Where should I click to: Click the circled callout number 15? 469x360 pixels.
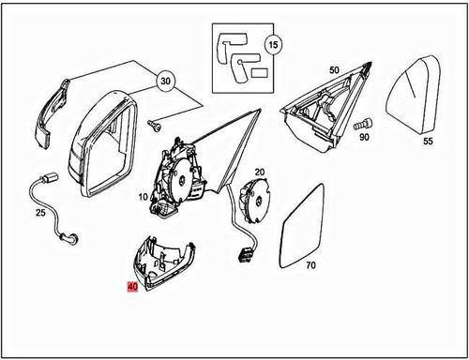(x=272, y=45)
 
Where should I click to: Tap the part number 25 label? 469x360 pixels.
(x=39, y=214)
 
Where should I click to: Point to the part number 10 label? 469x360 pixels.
(x=144, y=198)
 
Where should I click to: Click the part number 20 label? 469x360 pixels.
(x=260, y=172)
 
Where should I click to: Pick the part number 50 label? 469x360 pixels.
(x=333, y=70)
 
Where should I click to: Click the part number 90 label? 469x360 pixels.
(x=364, y=138)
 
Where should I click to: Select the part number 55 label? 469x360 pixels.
(x=427, y=142)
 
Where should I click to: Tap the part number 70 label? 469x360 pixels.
(x=310, y=265)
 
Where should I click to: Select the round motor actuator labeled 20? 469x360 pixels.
(x=250, y=199)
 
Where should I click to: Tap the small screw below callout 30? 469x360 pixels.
(x=156, y=122)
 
